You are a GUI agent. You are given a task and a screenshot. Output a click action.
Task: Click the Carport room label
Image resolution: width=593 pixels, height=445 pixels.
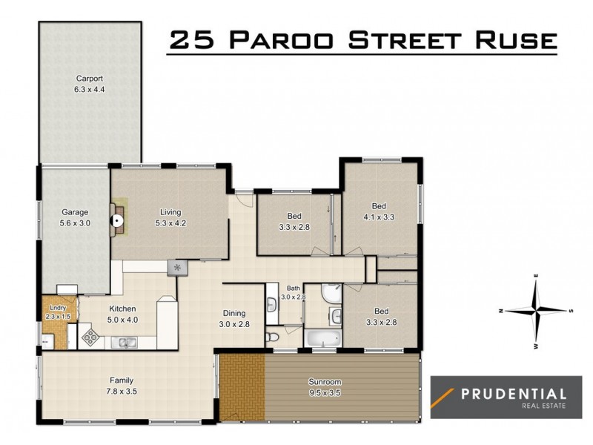click(88, 83)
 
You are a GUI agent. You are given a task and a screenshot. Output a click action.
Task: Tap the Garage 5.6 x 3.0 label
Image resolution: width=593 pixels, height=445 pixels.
click(74, 217)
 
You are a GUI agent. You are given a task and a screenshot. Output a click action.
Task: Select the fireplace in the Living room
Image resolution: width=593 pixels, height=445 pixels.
click(118, 219)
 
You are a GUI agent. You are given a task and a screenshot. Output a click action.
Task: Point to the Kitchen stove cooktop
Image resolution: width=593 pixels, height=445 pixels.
click(90, 337)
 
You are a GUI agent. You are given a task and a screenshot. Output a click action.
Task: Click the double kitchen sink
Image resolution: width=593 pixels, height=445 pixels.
click(124, 343)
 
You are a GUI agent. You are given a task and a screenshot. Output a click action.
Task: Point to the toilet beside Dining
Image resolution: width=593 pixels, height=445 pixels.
click(272, 338)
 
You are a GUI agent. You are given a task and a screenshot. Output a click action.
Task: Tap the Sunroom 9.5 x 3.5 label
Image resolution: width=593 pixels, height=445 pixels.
click(324, 387)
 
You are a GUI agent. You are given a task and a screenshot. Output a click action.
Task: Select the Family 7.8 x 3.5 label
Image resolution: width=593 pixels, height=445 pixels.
click(122, 385)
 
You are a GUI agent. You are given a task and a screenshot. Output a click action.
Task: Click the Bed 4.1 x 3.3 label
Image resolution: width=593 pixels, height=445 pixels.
click(379, 210)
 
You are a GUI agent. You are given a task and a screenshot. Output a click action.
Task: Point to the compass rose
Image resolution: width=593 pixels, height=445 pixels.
click(535, 310)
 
